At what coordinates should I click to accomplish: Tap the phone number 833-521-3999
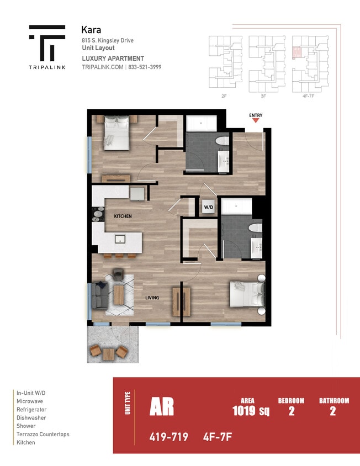pos(146,67)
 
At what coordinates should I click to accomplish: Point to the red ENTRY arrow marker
pos(255,121)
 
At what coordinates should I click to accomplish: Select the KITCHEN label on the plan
pos(123,216)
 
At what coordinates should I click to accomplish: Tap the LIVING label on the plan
pos(152,298)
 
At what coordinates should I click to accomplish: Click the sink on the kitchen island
pos(119,239)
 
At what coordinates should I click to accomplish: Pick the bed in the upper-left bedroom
pos(115,133)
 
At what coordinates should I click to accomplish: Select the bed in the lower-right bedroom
pos(246,295)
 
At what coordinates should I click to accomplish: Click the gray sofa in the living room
pos(99,295)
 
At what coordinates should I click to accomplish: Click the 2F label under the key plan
pos(224,96)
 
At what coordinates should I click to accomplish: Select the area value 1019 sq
pos(251,411)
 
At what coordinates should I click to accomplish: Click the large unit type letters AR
pos(162,407)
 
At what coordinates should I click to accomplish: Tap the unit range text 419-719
pos(168,437)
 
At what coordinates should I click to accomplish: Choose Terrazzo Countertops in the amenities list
pos(43,435)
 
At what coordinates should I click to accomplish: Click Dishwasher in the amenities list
pos(31,418)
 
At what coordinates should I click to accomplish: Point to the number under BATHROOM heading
pos(332,411)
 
